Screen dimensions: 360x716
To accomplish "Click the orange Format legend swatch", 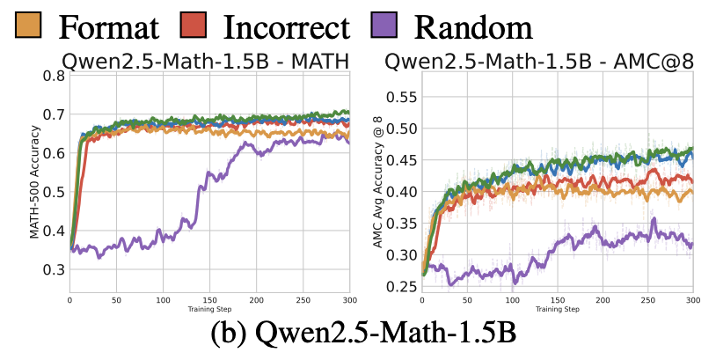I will [30, 27].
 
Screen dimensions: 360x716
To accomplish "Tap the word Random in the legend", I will [473, 27].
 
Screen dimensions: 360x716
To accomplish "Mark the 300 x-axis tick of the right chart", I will [693, 301].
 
